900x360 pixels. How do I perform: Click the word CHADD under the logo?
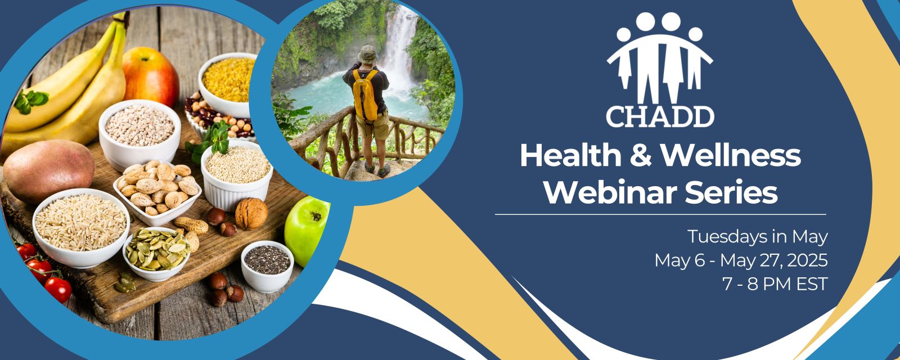pos(660,116)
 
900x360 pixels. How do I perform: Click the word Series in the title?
pos(731,192)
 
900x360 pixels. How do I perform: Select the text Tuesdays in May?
pos(757,237)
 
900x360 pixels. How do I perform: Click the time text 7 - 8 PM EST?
pos(775,284)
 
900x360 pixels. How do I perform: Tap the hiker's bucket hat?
pos(367,54)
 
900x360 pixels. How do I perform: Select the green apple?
pos(307,231)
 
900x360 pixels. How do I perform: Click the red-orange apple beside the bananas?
pos(150,76)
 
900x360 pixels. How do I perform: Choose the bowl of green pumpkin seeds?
pos(156,254)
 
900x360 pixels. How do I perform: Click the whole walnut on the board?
pos(251,213)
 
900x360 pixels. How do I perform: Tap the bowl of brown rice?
pos(81,228)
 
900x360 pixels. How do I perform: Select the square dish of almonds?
pos(157,192)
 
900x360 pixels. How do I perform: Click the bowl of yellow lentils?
pos(228,84)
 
